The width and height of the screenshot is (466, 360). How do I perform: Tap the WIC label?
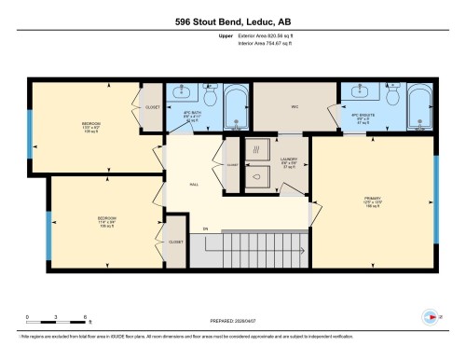click(x=295, y=107)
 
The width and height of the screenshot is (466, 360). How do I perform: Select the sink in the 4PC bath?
click(x=181, y=93)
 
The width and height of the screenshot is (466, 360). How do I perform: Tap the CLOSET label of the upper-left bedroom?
click(x=153, y=106)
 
